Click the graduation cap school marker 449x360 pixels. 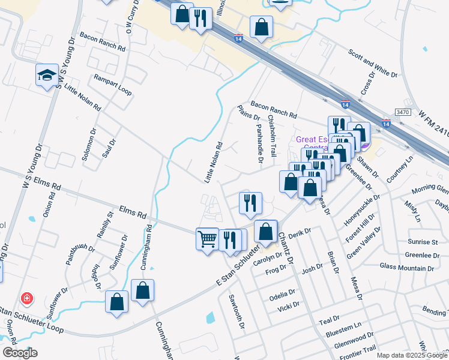(47, 75)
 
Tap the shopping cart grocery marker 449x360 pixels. (207, 239)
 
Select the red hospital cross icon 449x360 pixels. (26, 298)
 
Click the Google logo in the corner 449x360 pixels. (20, 352)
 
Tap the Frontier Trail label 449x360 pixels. (357, 348)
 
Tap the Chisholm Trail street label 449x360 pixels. (273, 137)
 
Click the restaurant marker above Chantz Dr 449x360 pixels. (250, 204)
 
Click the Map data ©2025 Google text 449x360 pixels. (411, 355)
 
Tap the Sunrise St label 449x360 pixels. (423, 242)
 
